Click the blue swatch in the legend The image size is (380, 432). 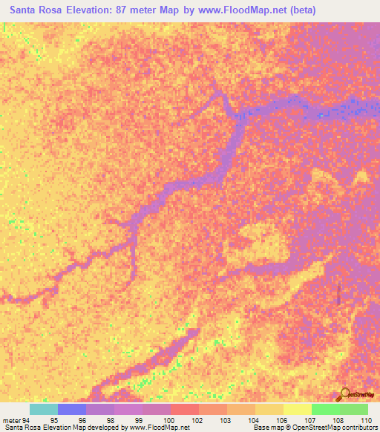pyautogui.click(x=72, y=409)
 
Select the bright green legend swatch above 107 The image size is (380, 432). pyautogui.click(x=325, y=409)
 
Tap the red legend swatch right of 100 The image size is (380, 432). pyautogui.click(x=185, y=409)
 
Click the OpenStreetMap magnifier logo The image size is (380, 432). pyautogui.click(x=344, y=394)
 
